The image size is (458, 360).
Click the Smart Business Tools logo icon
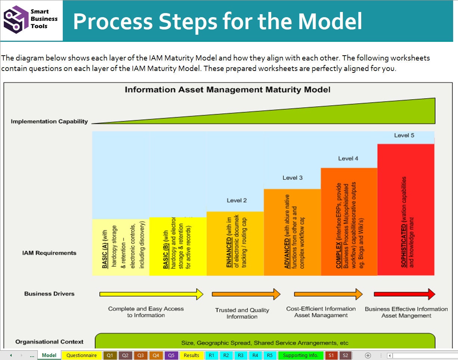point(16,20)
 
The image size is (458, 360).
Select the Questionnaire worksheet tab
point(81,355)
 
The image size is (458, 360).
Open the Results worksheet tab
point(191,355)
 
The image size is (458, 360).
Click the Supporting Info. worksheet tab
point(300,355)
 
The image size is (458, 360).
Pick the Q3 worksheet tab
point(140,355)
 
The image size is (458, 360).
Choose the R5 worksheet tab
point(270,355)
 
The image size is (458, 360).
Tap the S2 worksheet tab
point(345,355)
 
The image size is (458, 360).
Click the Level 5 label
point(404,135)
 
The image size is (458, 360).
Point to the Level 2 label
point(236,200)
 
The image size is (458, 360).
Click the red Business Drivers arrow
point(404,294)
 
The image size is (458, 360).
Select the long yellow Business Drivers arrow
point(151,294)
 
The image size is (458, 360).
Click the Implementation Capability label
point(49,121)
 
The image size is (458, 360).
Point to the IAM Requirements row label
point(49,253)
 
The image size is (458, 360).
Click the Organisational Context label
point(49,342)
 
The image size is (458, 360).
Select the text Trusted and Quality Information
point(242,313)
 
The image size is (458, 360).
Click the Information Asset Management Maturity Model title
point(227,90)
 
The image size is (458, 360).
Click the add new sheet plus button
point(368,355)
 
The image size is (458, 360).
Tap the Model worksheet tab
point(49,355)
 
